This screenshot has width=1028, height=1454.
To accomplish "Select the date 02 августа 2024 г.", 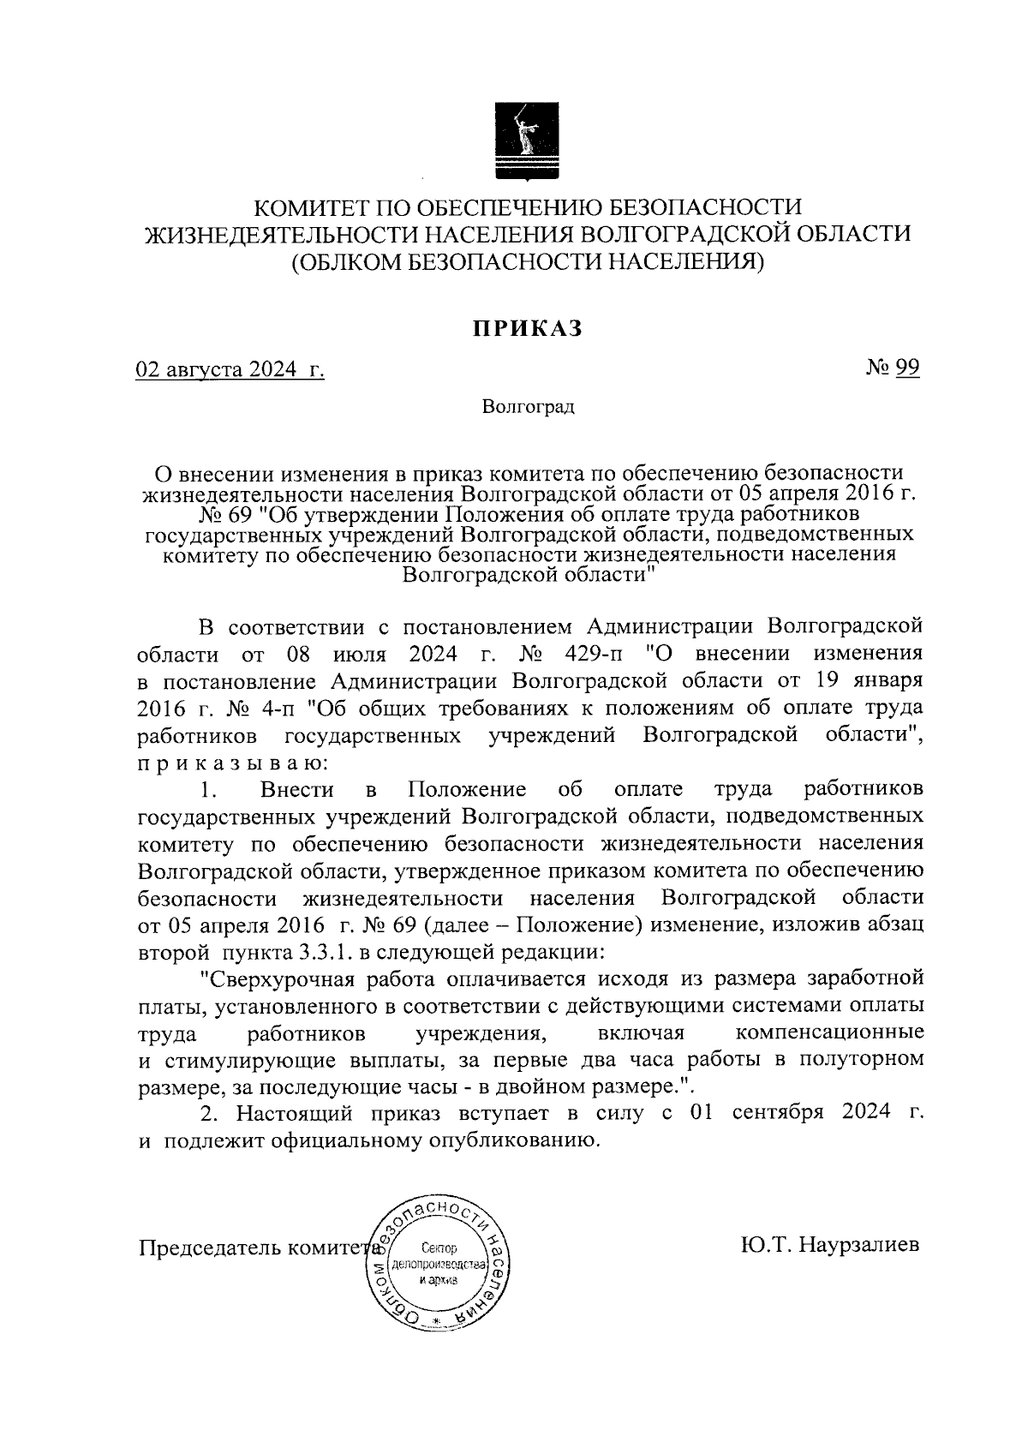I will click(x=230, y=370).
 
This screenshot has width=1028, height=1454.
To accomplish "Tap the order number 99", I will click(x=908, y=368).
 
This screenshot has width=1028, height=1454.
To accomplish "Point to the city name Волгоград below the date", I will click(x=528, y=406).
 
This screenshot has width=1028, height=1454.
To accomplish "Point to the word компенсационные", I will click(x=829, y=1032).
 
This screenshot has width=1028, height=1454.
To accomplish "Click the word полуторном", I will click(x=860, y=1058).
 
